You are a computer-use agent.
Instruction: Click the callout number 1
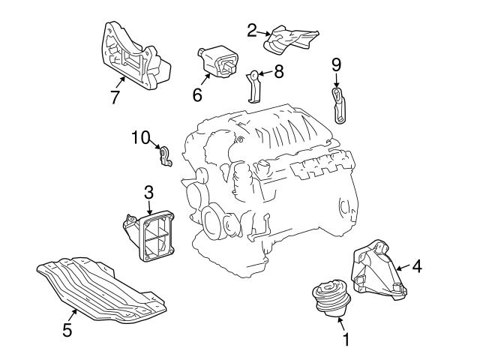pyautogui.click(x=346, y=340)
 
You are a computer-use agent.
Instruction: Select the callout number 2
pyautogui.click(x=252, y=30)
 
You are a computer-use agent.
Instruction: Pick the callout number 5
pyautogui.click(x=67, y=330)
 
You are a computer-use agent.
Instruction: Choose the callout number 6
pyautogui.click(x=197, y=94)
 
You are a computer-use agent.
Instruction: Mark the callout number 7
pyautogui.click(x=115, y=97)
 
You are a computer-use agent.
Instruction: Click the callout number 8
pyautogui.click(x=279, y=72)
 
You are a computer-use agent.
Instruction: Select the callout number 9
pyautogui.click(x=336, y=64)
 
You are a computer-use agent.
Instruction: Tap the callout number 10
pyautogui.click(x=141, y=137)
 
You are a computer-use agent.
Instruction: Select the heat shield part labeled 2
pyautogui.click(x=291, y=40)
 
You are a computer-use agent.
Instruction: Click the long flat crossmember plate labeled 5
pyautogui.click(x=101, y=289)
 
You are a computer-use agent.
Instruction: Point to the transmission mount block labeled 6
pyautogui.click(x=217, y=62)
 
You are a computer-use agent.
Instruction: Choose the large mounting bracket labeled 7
pyautogui.click(x=135, y=57)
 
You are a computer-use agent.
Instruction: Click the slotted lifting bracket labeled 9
pyautogui.click(x=339, y=106)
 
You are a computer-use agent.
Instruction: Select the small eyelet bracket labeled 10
pyautogui.click(x=165, y=157)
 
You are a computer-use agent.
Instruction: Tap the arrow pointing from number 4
pyautogui.click(x=403, y=268)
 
